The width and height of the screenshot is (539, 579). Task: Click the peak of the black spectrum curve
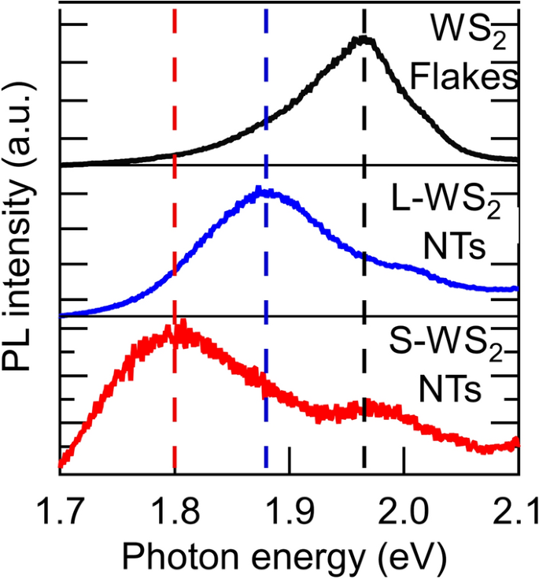click(x=363, y=39)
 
